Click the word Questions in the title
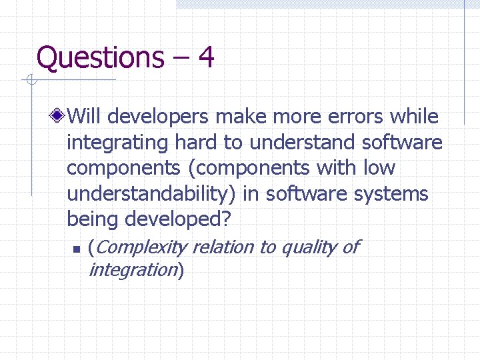[x=100, y=57]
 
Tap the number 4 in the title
[x=206, y=57]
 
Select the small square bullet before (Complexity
[x=76, y=249]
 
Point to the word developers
[x=155, y=117]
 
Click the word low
[x=379, y=168]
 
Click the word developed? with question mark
[x=174, y=219]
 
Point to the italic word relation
[x=223, y=247]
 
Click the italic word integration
[x=133, y=270]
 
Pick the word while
[x=414, y=117]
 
